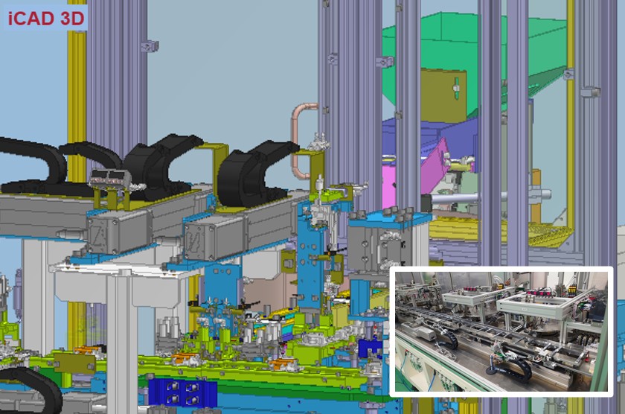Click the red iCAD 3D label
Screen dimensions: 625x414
[46, 19]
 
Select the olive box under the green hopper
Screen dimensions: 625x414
[443, 95]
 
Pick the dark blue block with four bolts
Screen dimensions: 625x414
[182, 392]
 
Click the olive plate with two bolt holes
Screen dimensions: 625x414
[75, 363]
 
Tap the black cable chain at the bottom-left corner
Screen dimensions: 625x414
[30, 389]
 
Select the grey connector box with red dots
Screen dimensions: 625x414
[109, 177]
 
